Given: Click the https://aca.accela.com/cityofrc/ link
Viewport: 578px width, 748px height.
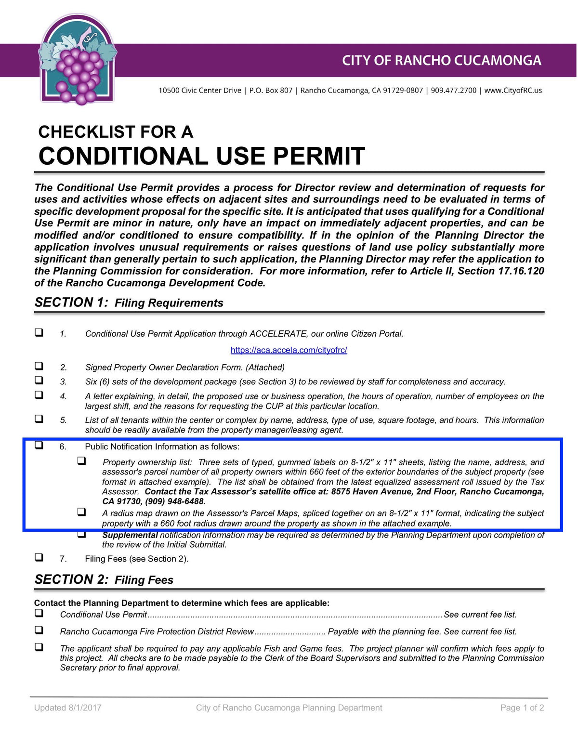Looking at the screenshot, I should coord(289,350).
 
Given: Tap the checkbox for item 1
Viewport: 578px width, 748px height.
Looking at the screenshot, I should coord(39,332).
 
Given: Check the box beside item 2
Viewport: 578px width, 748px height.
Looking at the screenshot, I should coord(39,366).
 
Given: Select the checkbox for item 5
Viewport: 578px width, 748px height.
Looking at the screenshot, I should coord(39,419).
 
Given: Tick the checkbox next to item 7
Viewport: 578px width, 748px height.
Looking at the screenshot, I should coord(39,557).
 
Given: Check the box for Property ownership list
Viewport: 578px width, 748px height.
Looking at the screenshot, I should coord(82,461).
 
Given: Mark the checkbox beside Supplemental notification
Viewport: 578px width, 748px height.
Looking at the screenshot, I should coord(82,534).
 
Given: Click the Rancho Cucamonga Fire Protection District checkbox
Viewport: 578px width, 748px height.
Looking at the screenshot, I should coord(39,630).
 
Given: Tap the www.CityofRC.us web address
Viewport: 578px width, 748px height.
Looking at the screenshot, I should coord(513,91).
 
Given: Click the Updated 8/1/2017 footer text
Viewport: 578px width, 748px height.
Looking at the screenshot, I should coord(67,708).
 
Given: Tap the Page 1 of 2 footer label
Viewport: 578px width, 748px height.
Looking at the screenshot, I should coord(522,708).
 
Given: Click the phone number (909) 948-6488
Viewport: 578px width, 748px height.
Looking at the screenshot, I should coord(175,501).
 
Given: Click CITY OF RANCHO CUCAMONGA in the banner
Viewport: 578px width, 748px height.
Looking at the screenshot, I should coord(442,61).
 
